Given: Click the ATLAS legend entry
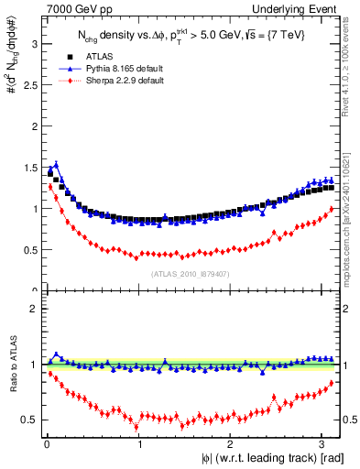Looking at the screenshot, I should tap(91, 57).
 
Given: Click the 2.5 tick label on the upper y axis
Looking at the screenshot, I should tap(31, 84).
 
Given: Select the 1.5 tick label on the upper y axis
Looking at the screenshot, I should tap(31, 167).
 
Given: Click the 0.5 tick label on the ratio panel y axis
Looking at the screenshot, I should tap(31, 420).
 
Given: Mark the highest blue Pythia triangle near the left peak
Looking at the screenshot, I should tap(56, 165).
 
